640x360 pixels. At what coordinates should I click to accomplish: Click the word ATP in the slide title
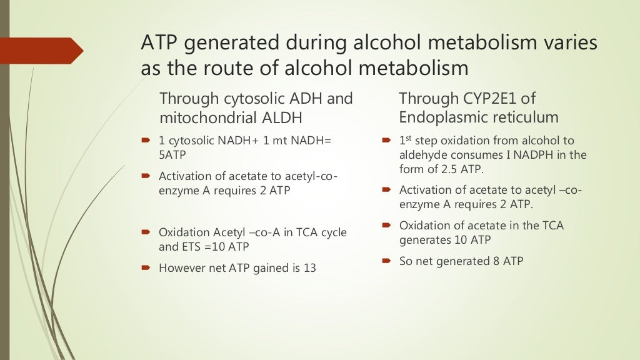tap(158, 43)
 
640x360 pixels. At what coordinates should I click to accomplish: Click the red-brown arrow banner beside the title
tap(41, 50)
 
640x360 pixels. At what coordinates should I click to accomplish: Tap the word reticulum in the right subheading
tap(526, 117)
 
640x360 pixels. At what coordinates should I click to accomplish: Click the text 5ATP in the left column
tap(173, 155)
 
